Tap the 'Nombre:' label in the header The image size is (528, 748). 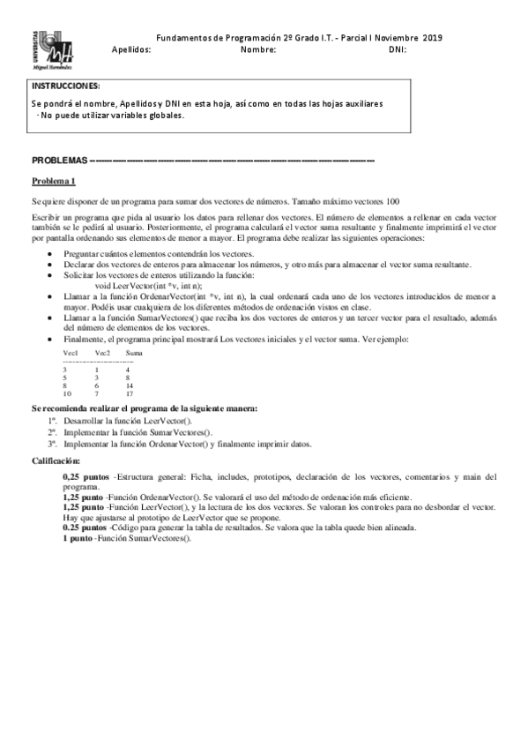pyautogui.click(x=258, y=50)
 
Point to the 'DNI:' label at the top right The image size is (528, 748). pyautogui.click(x=397, y=50)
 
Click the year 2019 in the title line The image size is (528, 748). pyautogui.click(x=433, y=38)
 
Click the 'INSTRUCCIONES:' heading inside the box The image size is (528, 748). pyautogui.click(x=66, y=86)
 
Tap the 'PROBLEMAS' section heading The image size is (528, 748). pyautogui.click(x=60, y=161)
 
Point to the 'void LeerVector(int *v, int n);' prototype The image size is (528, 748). pyautogui.click(x=148, y=288)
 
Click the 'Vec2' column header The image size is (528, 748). pyautogui.click(x=102, y=353)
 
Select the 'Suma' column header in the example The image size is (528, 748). pyautogui.click(x=135, y=353)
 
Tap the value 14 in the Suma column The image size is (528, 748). pyautogui.click(x=130, y=385)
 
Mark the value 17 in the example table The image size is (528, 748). pyautogui.click(x=130, y=393)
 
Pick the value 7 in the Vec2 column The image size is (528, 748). pyautogui.click(x=96, y=393)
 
